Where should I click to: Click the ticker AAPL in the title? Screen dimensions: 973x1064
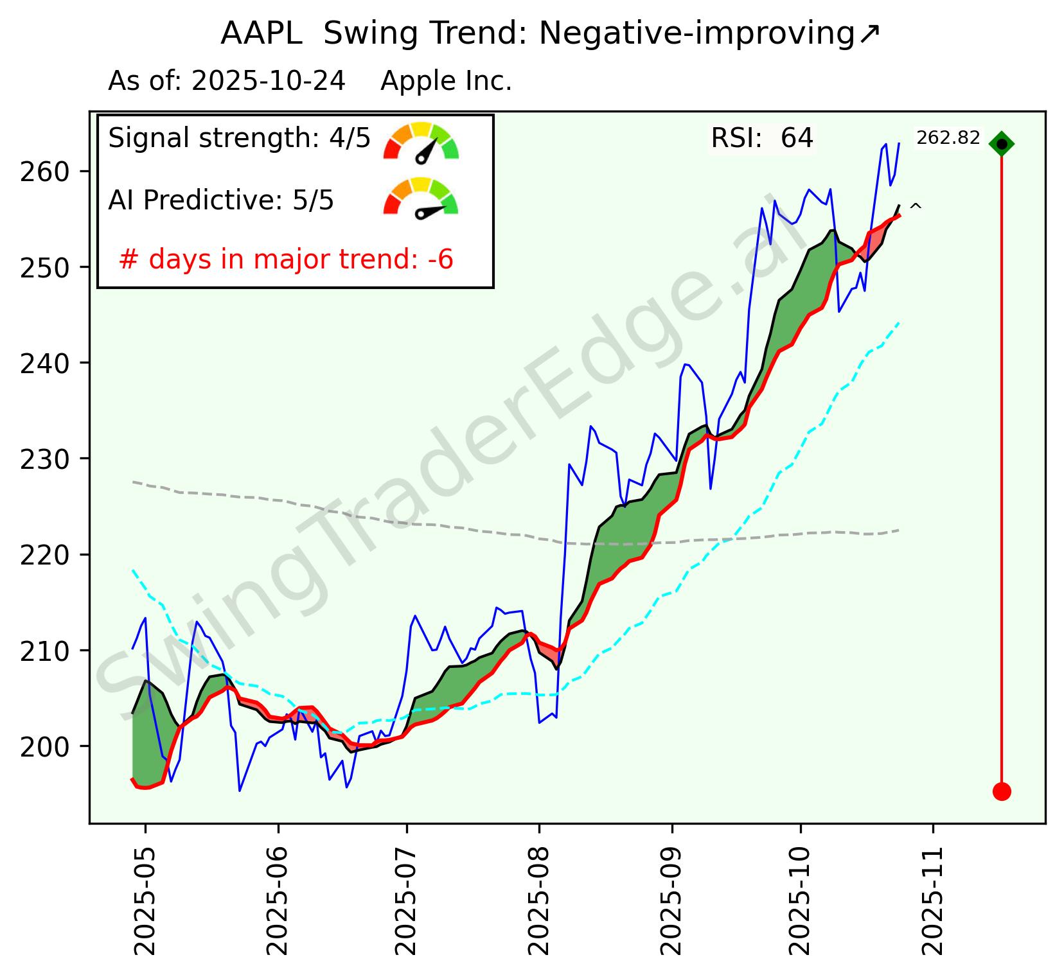click(x=261, y=34)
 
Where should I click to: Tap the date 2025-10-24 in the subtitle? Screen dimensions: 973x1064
click(x=269, y=82)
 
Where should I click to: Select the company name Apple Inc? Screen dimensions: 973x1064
click(x=446, y=82)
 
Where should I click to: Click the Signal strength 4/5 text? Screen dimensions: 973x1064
click(x=239, y=138)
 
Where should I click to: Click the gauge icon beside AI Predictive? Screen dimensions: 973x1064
click(x=421, y=197)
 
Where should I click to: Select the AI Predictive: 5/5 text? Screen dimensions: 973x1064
click(x=221, y=200)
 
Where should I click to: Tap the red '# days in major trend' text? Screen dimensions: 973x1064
click(x=286, y=259)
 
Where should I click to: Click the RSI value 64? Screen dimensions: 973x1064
click(x=797, y=138)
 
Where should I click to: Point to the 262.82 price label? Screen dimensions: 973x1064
click(x=948, y=138)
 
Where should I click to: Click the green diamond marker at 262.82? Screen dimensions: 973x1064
click(x=1001, y=144)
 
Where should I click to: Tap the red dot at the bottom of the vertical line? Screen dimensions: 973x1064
click(x=1001, y=791)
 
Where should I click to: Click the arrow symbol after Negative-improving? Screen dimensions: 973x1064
click(x=869, y=34)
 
